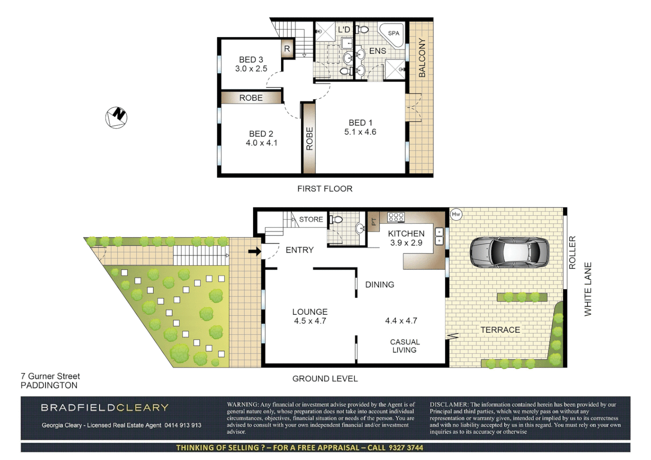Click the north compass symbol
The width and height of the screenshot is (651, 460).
(x=116, y=117)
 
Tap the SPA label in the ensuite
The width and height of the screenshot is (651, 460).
(x=394, y=33)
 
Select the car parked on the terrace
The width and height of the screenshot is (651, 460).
(x=509, y=252)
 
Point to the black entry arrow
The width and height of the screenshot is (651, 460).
(x=254, y=252)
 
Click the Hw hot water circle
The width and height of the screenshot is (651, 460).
(x=456, y=214)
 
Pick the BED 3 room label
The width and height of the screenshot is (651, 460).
(x=251, y=60)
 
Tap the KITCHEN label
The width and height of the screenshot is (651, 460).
(x=406, y=233)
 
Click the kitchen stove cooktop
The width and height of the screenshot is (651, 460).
(x=396, y=217)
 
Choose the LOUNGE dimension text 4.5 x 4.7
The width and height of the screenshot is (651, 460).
(x=310, y=321)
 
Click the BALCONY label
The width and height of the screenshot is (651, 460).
(x=422, y=57)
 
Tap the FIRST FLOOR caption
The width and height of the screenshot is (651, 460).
(x=325, y=189)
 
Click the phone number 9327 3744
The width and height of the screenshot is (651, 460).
(x=406, y=448)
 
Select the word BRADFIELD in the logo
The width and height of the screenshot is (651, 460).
(x=73, y=408)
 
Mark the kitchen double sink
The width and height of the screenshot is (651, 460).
(x=439, y=236)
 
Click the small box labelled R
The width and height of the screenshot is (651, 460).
(x=287, y=49)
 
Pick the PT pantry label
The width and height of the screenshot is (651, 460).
(x=374, y=221)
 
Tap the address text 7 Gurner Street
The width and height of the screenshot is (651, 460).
(x=50, y=376)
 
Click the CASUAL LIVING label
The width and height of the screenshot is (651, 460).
(x=405, y=346)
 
